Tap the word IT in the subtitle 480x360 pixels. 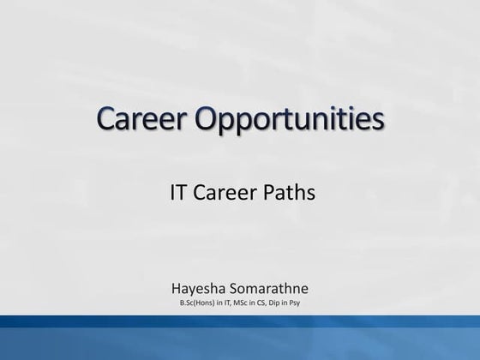pos(178,193)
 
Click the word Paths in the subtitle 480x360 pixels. pos(290,193)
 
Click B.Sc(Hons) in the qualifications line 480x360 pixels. pos(196,303)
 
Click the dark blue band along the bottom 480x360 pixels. pos(240,339)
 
